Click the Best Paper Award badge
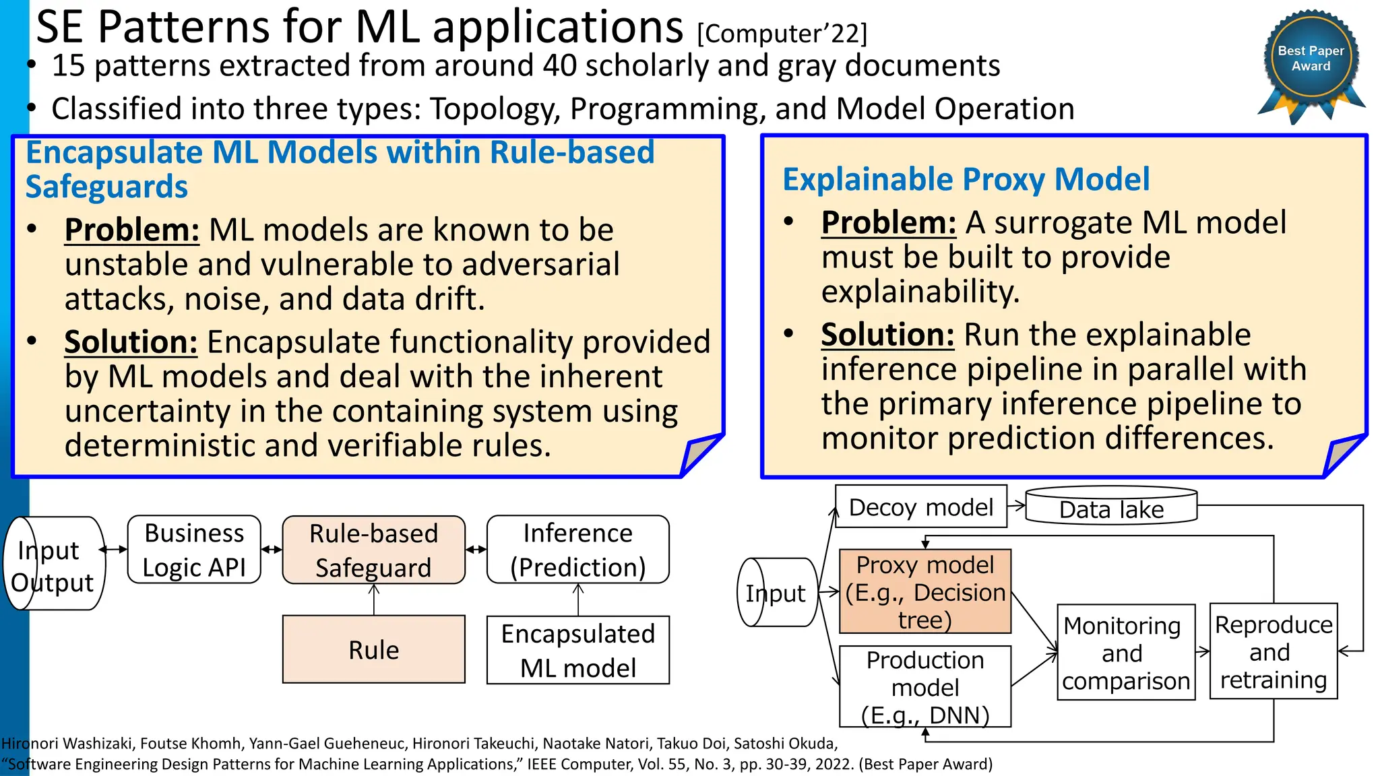pos(1311,61)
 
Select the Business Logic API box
pos(194,550)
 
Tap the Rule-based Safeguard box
pos(373,550)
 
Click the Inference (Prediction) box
pos(577,550)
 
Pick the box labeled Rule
pos(373,649)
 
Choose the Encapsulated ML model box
pos(577,650)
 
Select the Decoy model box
pos(920,507)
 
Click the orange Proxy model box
pos(924,591)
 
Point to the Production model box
pos(924,686)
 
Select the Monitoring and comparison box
pos(1125,652)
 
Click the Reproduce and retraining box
pos(1273,651)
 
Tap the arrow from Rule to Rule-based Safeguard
pos(374,600)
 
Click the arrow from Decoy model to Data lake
pos(1016,505)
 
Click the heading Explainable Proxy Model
pos(966,180)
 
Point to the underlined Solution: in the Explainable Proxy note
pos(887,335)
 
